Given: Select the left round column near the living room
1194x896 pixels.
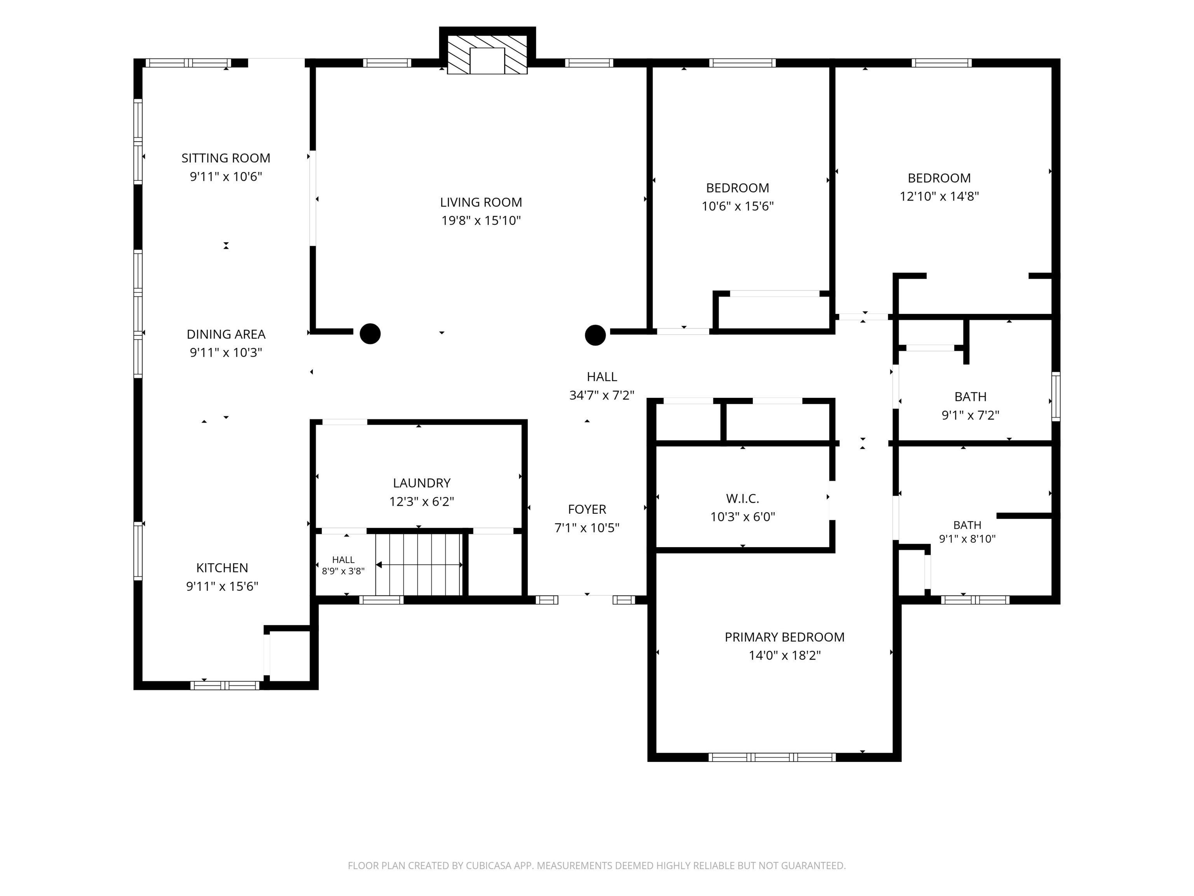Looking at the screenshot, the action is click(x=370, y=334).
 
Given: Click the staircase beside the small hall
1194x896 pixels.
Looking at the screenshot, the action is click(x=419, y=564).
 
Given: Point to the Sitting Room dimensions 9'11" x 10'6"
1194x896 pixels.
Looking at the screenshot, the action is click(x=226, y=177).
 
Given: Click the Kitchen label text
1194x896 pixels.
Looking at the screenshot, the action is click(x=222, y=568).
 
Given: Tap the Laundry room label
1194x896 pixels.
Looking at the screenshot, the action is click(x=422, y=483).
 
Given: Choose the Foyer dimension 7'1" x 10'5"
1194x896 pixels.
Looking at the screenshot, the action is click(x=587, y=528).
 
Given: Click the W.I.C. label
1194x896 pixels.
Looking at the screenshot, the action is click(x=742, y=499).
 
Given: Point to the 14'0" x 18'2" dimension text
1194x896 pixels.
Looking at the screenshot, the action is click(x=784, y=655).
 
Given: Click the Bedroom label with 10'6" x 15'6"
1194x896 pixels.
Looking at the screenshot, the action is click(x=737, y=188).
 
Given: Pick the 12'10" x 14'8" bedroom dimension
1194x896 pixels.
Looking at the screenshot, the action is click(x=939, y=196).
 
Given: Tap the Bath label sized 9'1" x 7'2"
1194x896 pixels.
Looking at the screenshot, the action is click(x=971, y=397).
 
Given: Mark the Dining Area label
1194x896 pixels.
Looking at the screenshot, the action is click(x=226, y=334).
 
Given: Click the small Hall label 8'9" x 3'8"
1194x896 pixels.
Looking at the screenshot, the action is click(x=343, y=560).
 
